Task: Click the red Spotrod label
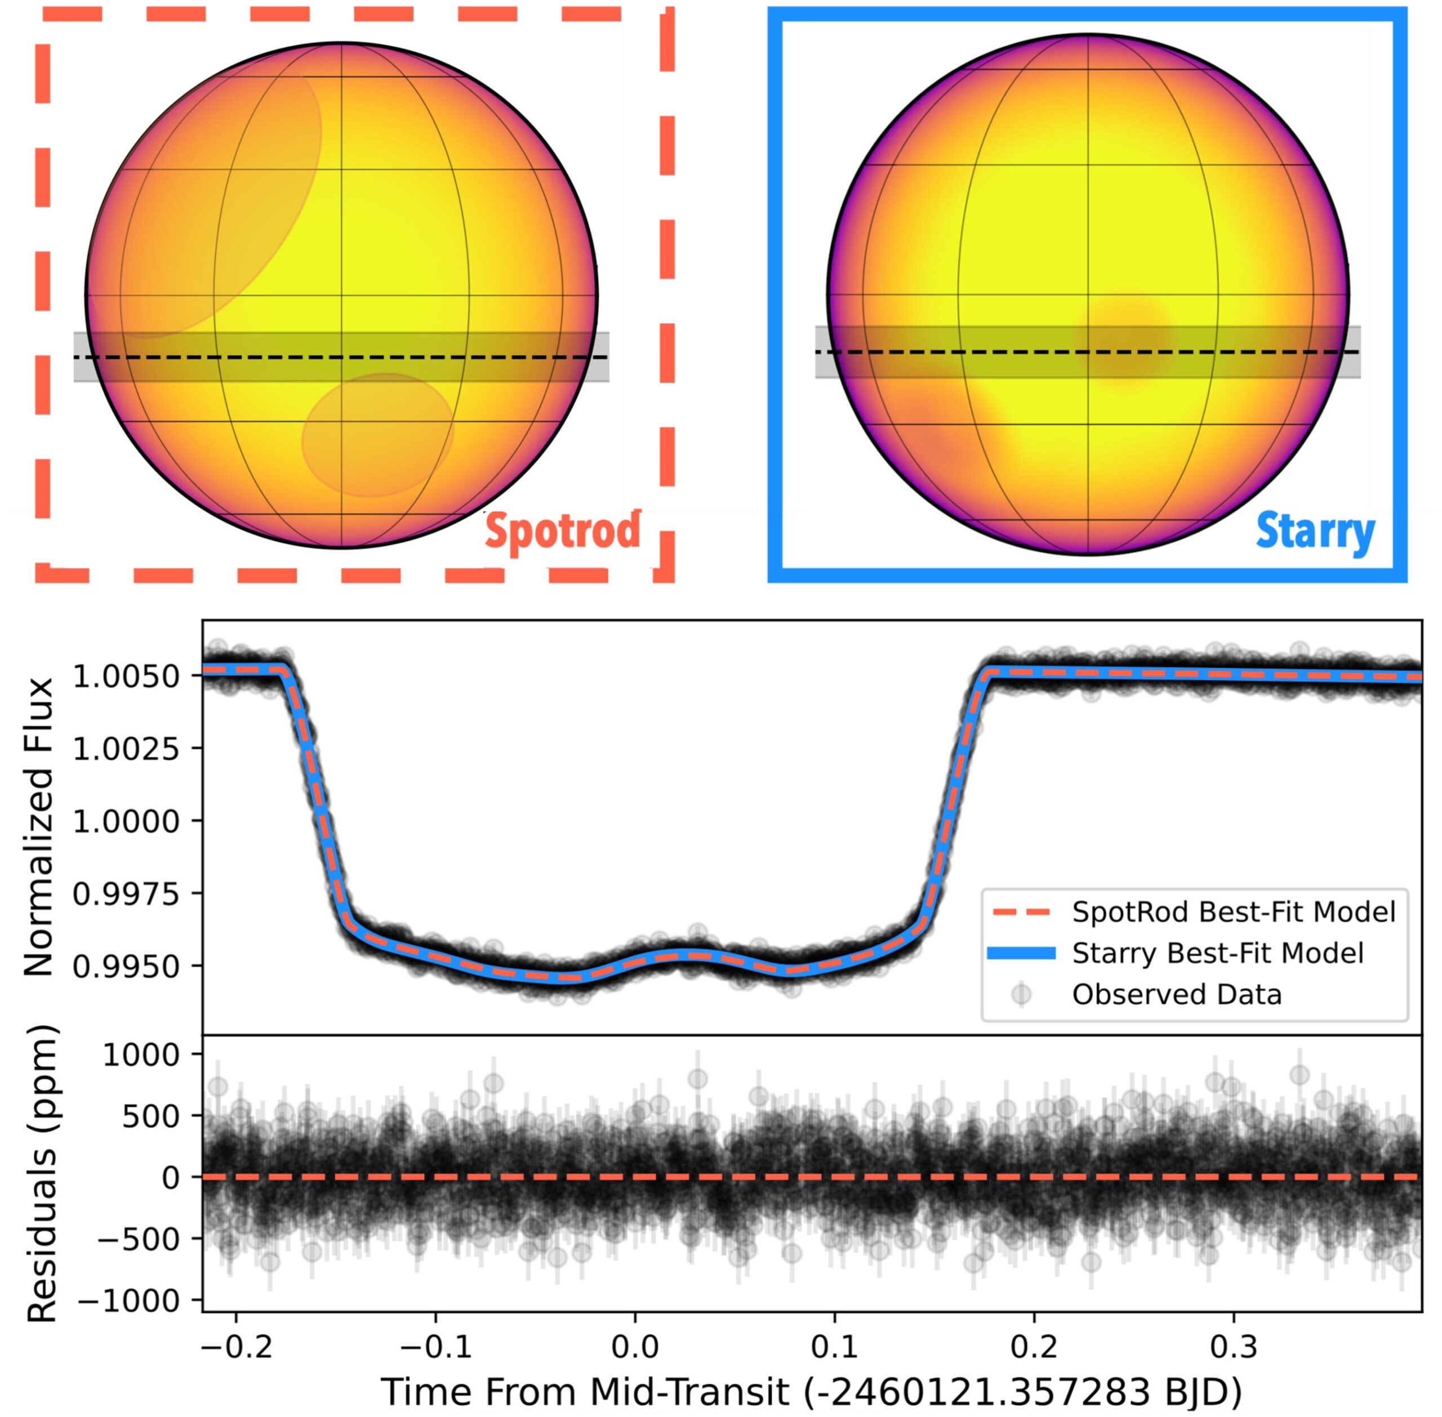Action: pos(562,531)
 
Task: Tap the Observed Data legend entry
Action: pos(1176,995)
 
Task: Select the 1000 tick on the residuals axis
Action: pos(141,1054)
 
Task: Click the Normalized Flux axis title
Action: pos(39,826)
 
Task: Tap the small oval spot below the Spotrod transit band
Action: pos(377,435)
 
